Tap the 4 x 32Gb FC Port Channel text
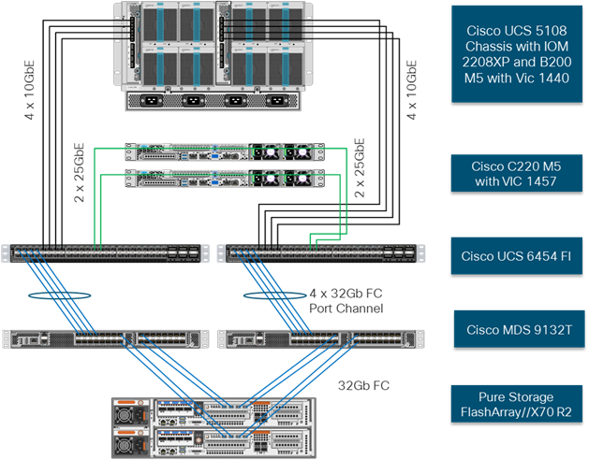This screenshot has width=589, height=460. pyautogui.click(x=346, y=301)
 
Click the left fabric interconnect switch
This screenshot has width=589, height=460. pyautogui.click(x=106, y=253)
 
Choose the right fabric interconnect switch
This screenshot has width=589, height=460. pyautogui.click(x=318, y=253)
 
